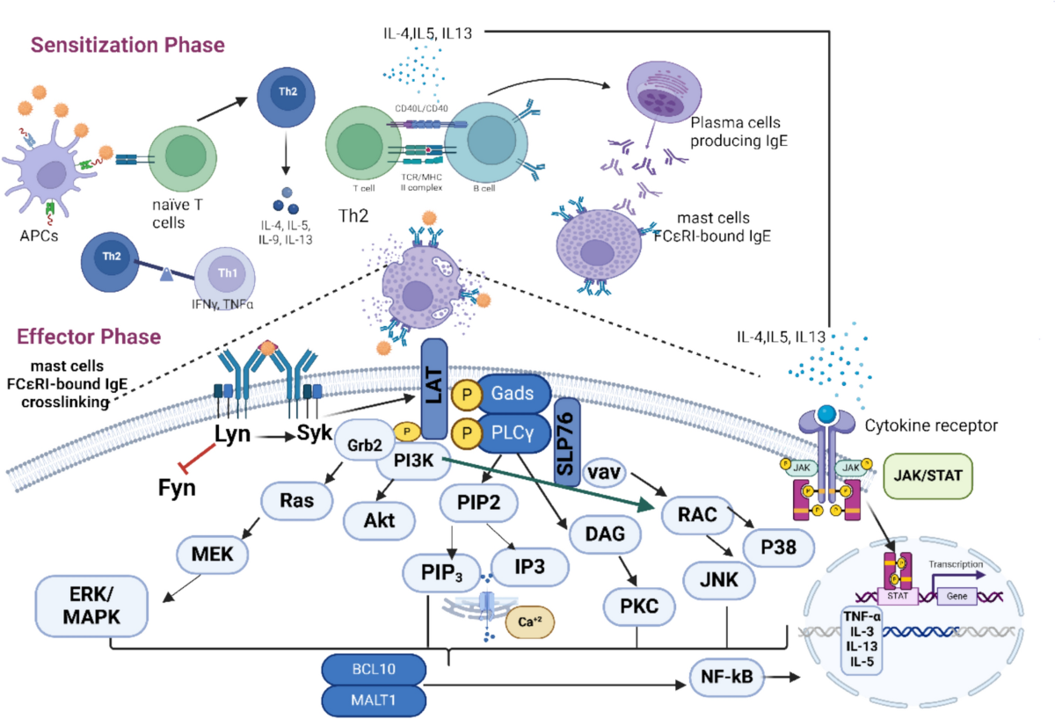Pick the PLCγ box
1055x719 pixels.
click(x=513, y=432)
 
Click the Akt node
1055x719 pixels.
click(x=378, y=519)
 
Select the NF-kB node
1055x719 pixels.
click(x=727, y=678)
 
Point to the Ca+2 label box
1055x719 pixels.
click(x=530, y=621)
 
